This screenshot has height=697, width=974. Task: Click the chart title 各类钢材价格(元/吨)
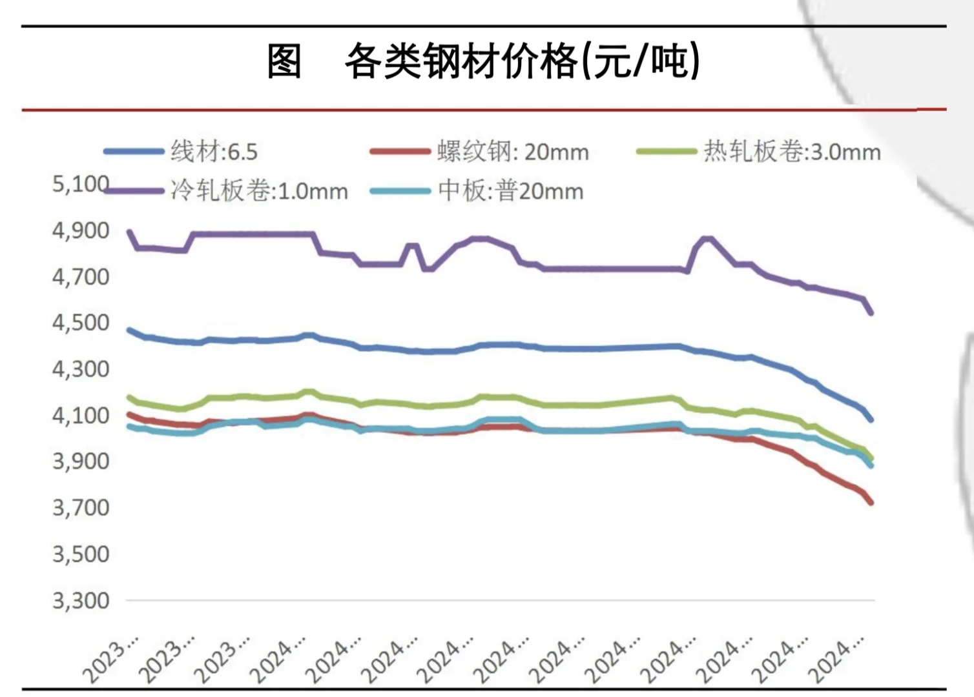click(x=522, y=62)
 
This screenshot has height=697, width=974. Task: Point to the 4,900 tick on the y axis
click(x=81, y=230)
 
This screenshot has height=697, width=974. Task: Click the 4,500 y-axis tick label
click(x=81, y=323)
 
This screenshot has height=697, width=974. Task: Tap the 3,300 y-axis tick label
click(x=81, y=601)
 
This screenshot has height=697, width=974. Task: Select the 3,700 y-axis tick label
click(x=81, y=508)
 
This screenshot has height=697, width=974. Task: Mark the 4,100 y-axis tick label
click(x=81, y=416)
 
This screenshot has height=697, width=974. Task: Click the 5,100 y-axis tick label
click(x=81, y=184)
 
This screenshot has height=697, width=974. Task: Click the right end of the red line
click(x=871, y=502)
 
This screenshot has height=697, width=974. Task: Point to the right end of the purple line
click(x=871, y=312)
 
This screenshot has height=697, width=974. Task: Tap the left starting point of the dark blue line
click(x=129, y=330)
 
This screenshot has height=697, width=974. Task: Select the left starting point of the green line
click(x=129, y=398)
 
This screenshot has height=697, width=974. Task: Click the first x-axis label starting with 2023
click(x=111, y=660)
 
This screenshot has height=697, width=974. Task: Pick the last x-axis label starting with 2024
click(x=838, y=660)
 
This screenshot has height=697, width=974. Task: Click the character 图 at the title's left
click(x=285, y=62)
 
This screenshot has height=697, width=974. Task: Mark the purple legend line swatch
click(x=134, y=191)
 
